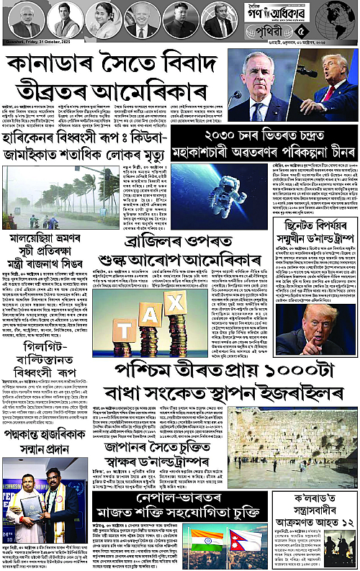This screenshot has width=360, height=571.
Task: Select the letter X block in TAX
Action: (x=176, y=300)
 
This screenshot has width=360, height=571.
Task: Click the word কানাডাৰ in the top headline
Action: (x=46, y=65)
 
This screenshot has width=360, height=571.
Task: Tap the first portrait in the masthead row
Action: (x=26, y=19)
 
